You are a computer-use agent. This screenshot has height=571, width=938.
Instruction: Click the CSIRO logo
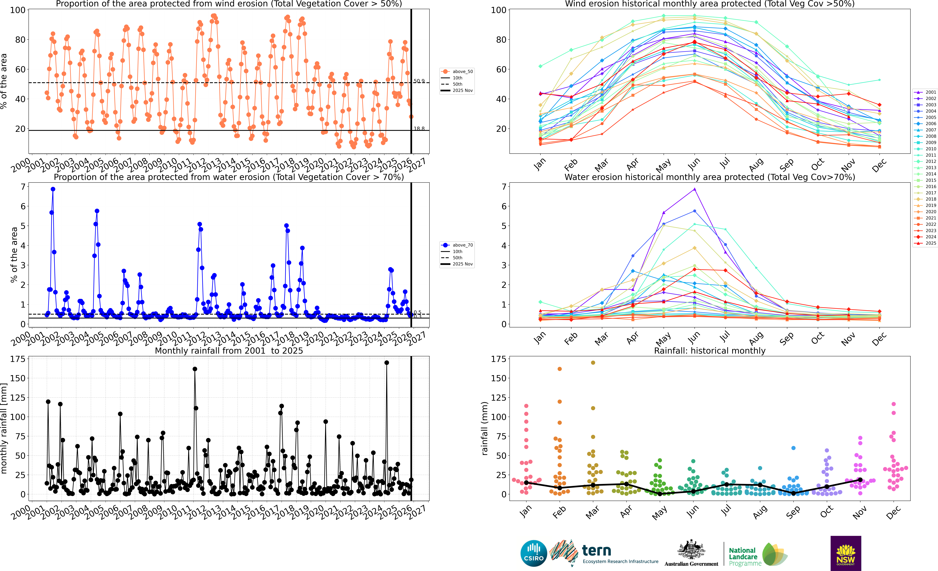coord(534,553)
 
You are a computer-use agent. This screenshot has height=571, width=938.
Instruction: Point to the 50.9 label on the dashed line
coord(419,81)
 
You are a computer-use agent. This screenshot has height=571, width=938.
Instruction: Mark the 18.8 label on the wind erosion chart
coord(419,129)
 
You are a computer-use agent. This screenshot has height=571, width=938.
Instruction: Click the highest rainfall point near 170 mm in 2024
coord(387,363)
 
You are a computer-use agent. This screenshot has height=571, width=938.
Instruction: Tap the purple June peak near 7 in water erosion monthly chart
coord(695,189)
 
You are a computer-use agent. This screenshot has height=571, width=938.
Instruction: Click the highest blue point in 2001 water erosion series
coord(53,189)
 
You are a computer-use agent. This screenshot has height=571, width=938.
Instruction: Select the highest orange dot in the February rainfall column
coord(560,369)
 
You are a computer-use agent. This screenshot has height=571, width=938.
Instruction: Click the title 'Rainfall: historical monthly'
coord(710,351)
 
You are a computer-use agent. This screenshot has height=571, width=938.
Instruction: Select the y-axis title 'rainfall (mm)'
coord(485,428)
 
